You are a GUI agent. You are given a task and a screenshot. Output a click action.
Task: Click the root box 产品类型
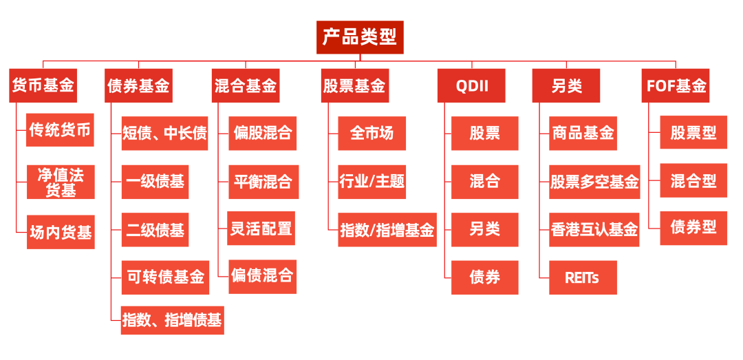360,37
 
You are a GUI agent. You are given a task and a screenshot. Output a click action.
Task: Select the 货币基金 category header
43,85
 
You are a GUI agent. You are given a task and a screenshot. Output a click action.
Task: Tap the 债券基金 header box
138,86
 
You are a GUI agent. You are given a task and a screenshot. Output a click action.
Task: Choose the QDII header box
471,86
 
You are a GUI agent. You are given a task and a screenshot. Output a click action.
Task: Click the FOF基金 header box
676,86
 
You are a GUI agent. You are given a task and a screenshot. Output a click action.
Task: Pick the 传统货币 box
60,130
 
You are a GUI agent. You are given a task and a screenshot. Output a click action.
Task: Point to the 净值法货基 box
61,182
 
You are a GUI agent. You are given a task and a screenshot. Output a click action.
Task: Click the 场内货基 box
61,232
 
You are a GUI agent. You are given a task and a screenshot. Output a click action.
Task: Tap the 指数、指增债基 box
172,320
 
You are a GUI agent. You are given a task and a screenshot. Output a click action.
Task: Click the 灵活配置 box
261,229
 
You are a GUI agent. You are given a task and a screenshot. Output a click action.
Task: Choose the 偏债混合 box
262,276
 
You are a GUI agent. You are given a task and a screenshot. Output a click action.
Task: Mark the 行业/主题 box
372,182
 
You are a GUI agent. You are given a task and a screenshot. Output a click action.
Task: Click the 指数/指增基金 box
387,230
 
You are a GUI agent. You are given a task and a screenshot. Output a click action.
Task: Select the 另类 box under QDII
484,229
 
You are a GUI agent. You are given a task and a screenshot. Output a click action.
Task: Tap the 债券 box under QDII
484,277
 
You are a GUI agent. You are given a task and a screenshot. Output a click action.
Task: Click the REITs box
583,277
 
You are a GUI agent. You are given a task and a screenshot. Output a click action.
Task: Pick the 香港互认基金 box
594,230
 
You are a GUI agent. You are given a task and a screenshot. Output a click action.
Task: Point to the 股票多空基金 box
594,182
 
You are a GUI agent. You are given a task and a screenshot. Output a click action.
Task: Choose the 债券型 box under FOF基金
693,226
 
